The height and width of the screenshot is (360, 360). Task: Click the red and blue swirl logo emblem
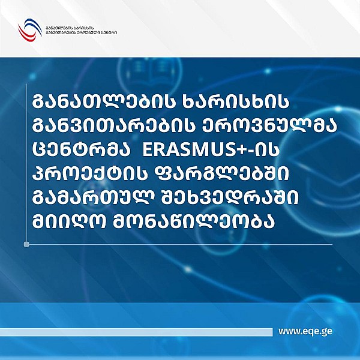coord(28,29)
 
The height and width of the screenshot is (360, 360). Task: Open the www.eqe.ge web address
coord(306,331)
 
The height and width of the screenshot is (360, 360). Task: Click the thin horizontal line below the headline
coord(180,244)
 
